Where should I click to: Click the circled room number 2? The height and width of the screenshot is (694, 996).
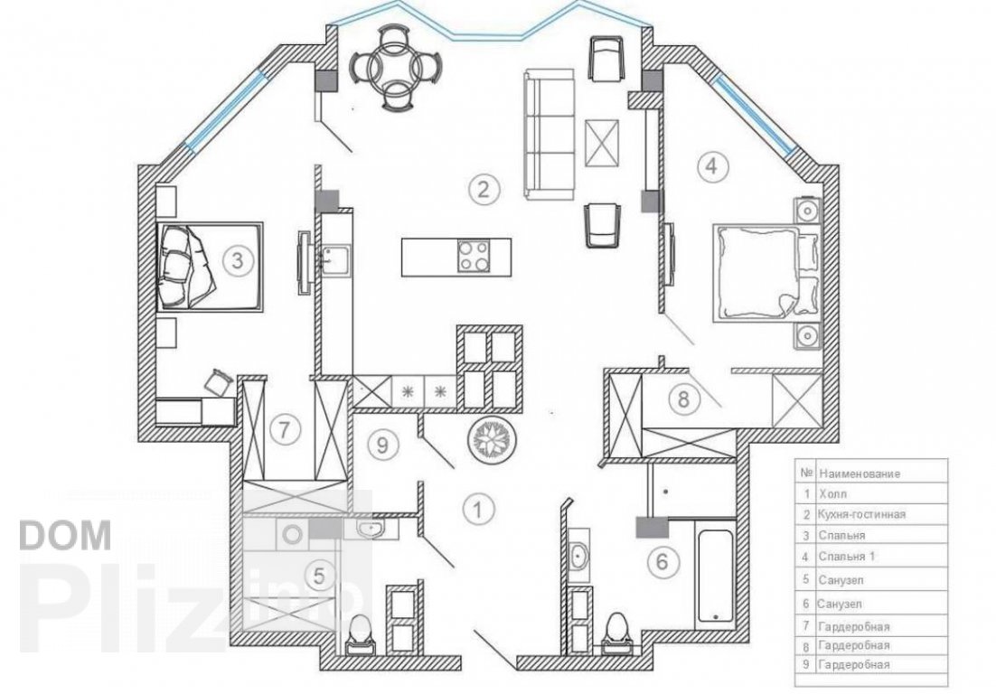click(x=484, y=189)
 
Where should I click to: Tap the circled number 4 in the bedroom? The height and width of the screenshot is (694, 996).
click(x=712, y=165)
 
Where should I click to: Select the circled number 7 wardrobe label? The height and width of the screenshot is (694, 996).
click(x=284, y=430)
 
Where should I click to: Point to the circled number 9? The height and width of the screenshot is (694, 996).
click(x=382, y=445)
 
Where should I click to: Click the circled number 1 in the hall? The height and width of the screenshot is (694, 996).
click(x=479, y=509)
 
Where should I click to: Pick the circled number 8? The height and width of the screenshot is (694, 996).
click(x=683, y=399)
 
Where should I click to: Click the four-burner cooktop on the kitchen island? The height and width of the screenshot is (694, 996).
click(x=474, y=257)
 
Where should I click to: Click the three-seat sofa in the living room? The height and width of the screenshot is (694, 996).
click(x=549, y=134)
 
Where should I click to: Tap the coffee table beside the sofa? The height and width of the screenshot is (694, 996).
click(x=601, y=142)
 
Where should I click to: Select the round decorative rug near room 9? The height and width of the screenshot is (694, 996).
click(x=493, y=439)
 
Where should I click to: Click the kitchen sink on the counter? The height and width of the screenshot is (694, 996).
click(x=334, y=259)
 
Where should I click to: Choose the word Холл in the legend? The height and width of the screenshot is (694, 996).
click(x=832, y=494)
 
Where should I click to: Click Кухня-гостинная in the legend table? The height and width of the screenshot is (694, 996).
click(x=862, y=514)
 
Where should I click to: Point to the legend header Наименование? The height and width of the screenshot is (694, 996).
click(x=860, y=474)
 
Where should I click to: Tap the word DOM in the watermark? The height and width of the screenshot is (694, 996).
click(x=65, y=535)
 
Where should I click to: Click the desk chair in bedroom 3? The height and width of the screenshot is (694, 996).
click(x=218, y=381)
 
